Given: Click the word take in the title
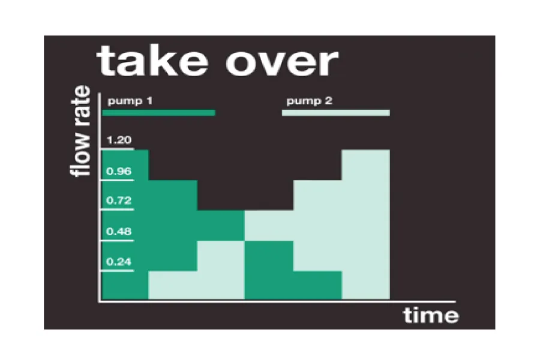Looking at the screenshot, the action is (152, 62).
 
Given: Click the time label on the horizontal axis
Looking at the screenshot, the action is (431, 315).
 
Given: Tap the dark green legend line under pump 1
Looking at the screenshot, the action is (159, 113).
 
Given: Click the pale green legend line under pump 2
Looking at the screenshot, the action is (336, 113).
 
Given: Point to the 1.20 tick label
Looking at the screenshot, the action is (119, 140).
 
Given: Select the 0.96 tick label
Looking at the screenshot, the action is (119, 171).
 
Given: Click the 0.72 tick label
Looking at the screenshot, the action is (119, 200).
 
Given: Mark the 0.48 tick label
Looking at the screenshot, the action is (119, 231).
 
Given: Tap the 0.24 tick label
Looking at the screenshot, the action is (119, 262).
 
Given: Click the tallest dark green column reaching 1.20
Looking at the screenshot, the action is (125, 224).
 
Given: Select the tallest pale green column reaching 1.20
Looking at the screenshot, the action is (366, 224).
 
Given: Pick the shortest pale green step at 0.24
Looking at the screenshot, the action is (173, 285).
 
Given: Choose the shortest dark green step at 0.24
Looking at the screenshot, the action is (317, 285).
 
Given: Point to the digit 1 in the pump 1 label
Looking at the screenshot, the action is (149, 101).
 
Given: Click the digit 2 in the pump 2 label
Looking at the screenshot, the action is (328, 101).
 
